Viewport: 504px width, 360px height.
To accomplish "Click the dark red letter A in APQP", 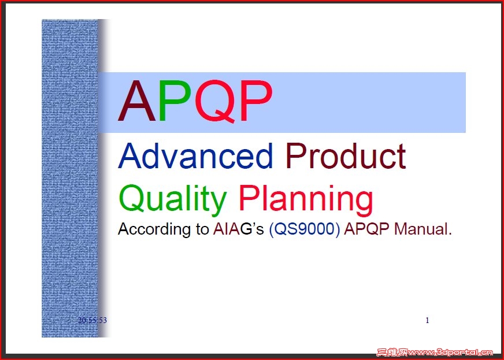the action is pyautogui.click(x=137, y=101).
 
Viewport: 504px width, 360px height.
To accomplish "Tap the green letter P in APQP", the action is pyautogui.click(x=174, y=101).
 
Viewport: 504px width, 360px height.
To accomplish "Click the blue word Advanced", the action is pyautogui.click(x=195, y=156).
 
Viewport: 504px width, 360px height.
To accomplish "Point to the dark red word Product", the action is pyautogui.click(x=346, y=156).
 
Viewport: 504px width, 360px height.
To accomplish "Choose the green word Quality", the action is pyautogui.click(x=173, y=200).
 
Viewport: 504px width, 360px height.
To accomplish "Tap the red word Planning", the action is pyautogui.click(x=306, y=200).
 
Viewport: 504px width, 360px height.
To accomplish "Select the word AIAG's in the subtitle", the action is pyautogui.click(x=238, y=229).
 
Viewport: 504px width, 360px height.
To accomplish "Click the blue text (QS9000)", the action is pyautogui.click(x=305, y=229).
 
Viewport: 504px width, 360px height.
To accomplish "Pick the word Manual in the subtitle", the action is pyautogui.click(x=423, y=229).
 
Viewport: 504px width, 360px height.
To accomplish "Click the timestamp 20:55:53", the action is pyautogui.click(x=92, y=320).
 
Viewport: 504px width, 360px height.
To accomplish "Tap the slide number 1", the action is pyautogui.click(x=427, y=320).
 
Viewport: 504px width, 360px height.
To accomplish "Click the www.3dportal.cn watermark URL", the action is pyautogui.click(x=450, y=352).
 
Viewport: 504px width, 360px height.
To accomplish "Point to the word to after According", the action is pyautogui.click(x=202, y=229).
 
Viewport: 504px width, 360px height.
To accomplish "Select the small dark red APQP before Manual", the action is pyautogui.click(x=366, y=229).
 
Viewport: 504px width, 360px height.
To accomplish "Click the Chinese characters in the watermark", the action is pyautogui.click(x=392, y=352).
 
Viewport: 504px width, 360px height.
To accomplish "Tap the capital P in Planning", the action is pyautogui.click(x=248, y=198).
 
